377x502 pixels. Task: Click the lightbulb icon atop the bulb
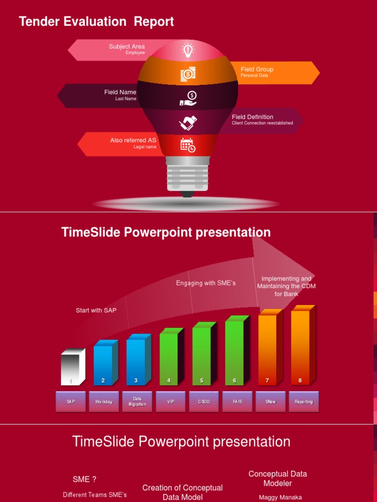(x=188, y=50)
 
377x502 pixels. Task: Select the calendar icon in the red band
(x=188, y=145)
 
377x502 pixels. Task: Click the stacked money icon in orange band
(x=188, y=74)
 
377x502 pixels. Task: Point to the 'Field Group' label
(x=257, y=70)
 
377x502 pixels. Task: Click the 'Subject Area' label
(x=127, y=47)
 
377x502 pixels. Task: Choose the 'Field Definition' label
(x=252, y=117)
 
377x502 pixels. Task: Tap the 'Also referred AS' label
(x=133, y=140)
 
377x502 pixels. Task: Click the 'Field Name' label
(x=120, y=92)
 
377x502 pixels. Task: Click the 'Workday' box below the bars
(x=104, y=402)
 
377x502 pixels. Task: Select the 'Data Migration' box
(x=137, y=402)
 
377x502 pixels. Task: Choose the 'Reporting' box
(x=304, y=402)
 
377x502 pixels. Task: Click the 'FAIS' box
(x=238, y=402)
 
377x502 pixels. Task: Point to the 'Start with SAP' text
(x=96, y=310)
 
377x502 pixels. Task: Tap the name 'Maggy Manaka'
(x=280, y=497)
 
